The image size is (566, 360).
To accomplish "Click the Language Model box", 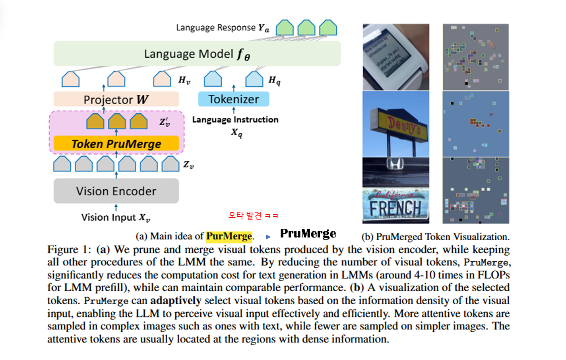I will [x=197, y=54].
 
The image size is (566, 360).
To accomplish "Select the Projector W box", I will [x=116, y=99].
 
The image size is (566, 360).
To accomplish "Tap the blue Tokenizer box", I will [x=234, y=99].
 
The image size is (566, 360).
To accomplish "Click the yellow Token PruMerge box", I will [x=116, y=144].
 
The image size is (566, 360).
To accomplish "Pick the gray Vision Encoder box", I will [x=116, y=191].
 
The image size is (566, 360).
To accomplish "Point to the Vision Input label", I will [x=115, y=217].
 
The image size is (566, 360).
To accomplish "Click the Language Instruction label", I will [x=235, y=120].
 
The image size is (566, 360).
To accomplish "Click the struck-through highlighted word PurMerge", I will [x=229, y=236].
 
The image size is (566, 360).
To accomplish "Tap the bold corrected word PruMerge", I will [x=308, y=234].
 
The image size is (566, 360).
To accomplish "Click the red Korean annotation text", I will [x=253, y=216].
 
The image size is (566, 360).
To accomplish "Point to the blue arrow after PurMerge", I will [x=262, y=237].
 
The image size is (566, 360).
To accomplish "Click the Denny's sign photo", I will [x=396, y=124].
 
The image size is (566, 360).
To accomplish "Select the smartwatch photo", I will [x=396, y=57].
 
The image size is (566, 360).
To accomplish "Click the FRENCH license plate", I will [x=395, y=206].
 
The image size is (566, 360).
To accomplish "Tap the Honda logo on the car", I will [x=395, y=163].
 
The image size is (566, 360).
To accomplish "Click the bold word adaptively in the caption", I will [x=176, y=300].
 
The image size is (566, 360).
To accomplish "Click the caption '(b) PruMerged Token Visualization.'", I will [x=435, y=237].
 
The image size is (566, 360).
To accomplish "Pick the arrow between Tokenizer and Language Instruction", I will [x=234, y=110].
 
